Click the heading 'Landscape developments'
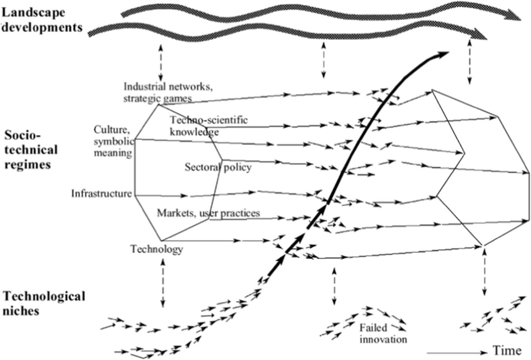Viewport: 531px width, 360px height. pos(42,19)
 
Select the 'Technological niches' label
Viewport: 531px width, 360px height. pos(43,302)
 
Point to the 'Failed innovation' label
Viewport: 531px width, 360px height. pos(382,334)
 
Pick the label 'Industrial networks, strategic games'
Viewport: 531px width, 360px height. pos(167,92)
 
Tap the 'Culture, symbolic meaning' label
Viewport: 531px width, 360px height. pos(112,141)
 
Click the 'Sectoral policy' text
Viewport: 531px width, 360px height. pos(217,167)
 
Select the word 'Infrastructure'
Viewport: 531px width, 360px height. pos(102,192)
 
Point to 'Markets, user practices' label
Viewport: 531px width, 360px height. pos(207,214)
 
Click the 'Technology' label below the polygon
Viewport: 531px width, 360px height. pos(156,249)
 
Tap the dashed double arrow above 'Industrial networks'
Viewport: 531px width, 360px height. pos(161,61)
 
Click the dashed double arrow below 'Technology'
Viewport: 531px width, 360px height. pos(163,282)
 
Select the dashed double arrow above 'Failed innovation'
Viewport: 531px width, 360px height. pos(334,287)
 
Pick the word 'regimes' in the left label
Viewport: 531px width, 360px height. pos(30,163)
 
